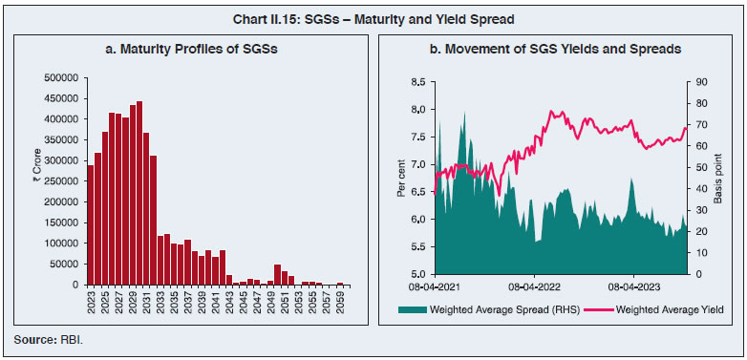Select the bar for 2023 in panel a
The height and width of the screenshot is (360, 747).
[x=90, y=224]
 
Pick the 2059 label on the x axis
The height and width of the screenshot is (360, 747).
[x=339, y=303]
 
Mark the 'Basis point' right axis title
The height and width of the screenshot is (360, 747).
[x=716, y=178]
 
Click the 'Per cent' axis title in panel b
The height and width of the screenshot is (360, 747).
[x=400, y=178]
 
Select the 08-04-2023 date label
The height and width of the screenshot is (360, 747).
[x=633, y=285]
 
